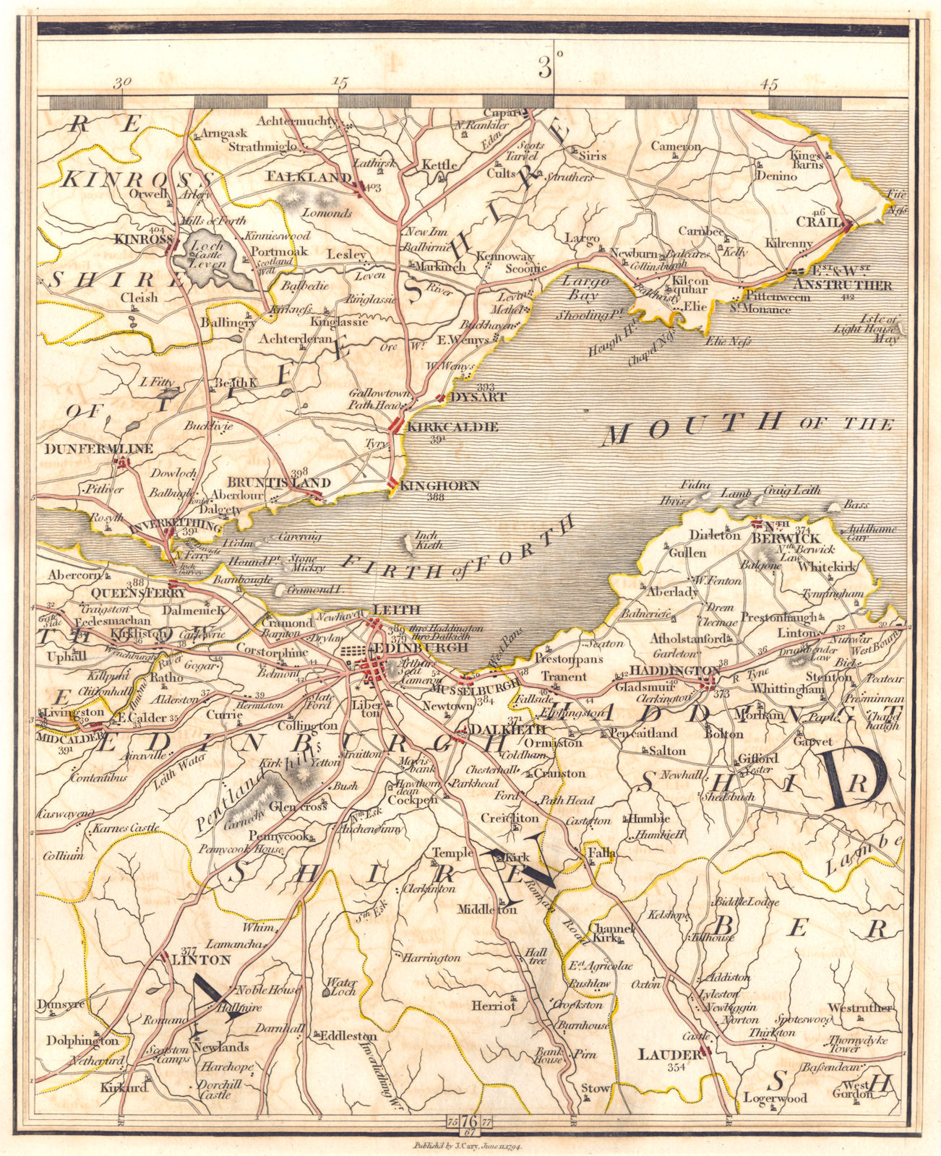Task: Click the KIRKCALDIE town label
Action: coord(452,427)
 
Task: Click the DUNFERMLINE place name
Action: coord(99,449)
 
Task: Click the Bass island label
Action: coord(856,504)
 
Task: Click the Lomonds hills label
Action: coord(326,214)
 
